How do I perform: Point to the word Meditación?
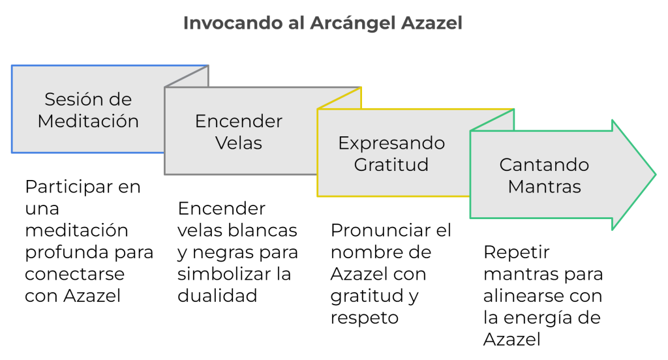88,121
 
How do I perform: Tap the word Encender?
239,121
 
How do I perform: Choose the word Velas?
239,143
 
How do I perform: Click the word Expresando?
391,143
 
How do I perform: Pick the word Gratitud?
391,164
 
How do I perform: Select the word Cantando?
544,164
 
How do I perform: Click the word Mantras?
544,186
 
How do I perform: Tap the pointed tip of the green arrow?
655,174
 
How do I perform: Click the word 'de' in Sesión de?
121,100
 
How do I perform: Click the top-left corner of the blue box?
12,65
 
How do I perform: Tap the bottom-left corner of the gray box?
165,174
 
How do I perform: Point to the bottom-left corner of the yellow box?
318,196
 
